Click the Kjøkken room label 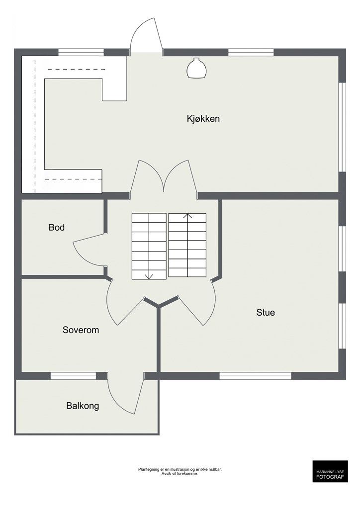click(x=203, y=119)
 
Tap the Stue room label click(x=266, y=312)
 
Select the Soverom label click(x=81, y=330)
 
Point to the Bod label click(x=57, y=227)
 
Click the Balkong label click(x=83, y=406)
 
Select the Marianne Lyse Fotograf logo click(x=330, y=471)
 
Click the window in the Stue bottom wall click(x=256, y=376)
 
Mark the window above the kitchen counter click(x=81, y=52)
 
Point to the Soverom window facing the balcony click(x=74, y=376)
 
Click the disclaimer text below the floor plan click(x=180, y=471)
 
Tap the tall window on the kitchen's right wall click(x=342, y=127)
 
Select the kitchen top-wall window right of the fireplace click(x=251, y=52)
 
